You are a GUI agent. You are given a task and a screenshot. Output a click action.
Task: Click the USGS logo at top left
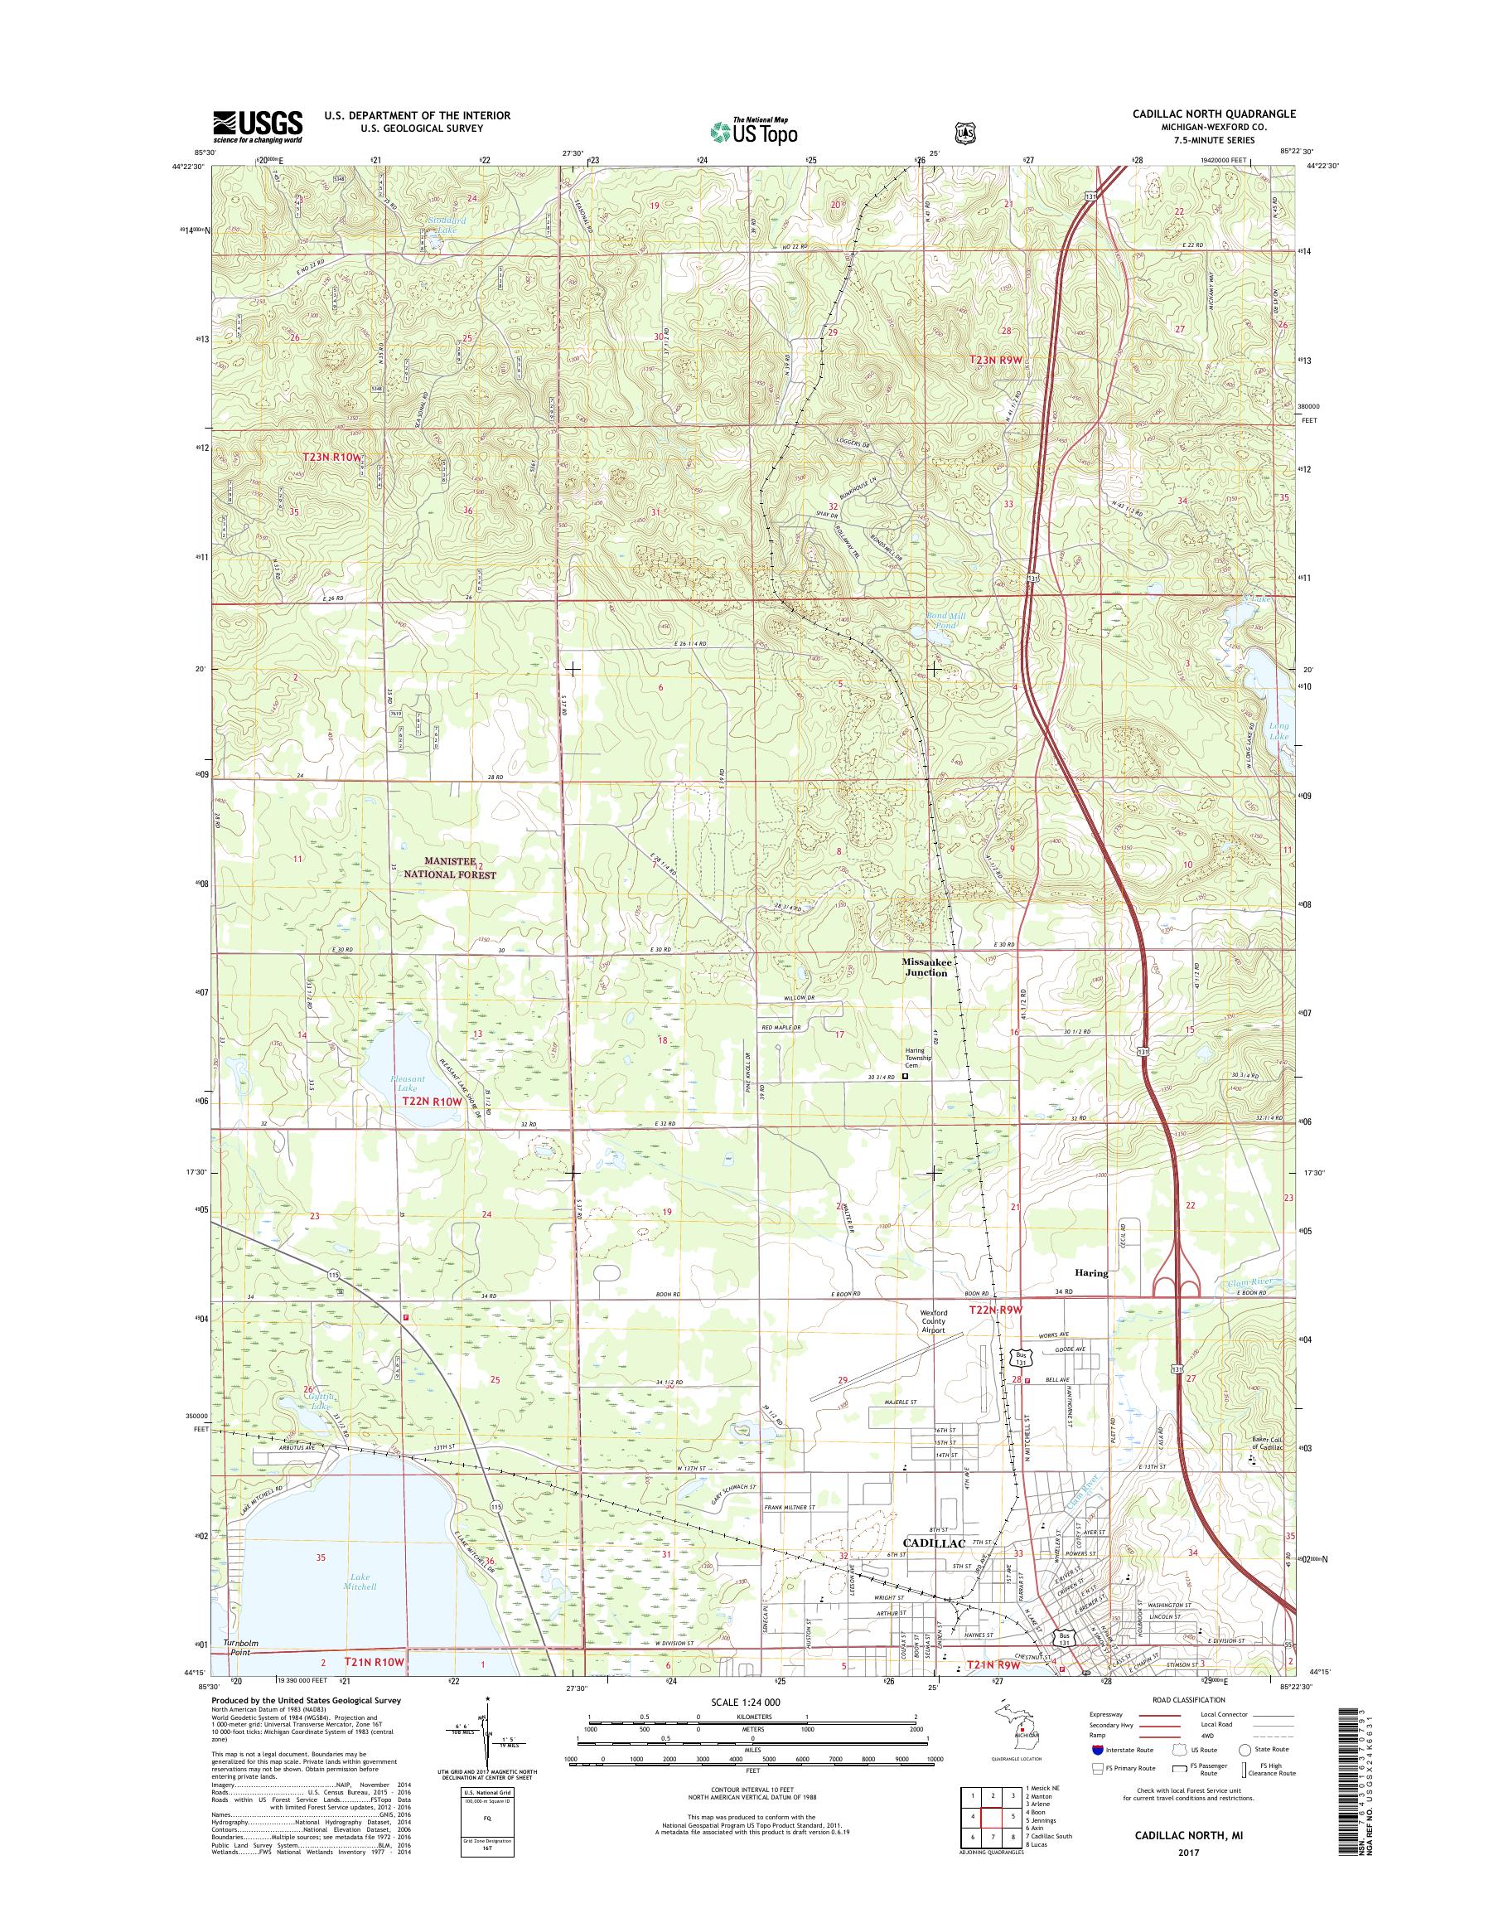coord(257,126)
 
